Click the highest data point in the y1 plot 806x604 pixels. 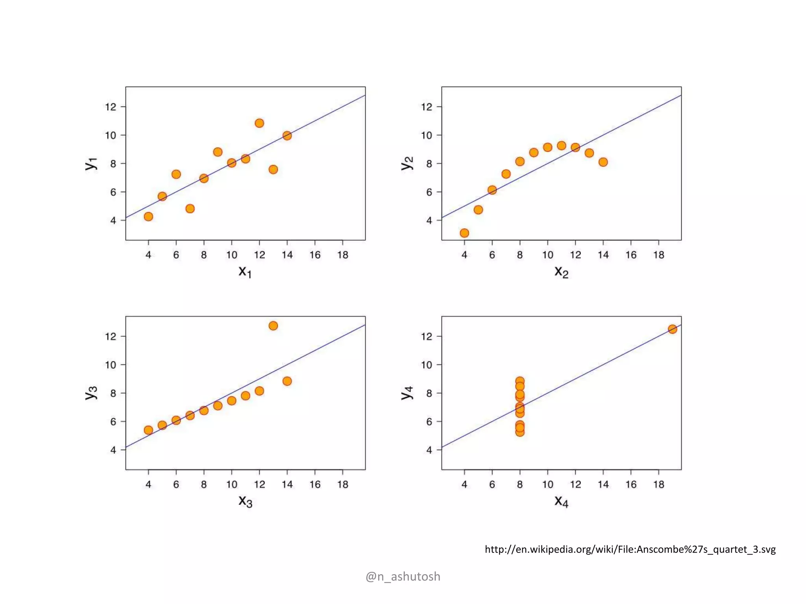[x=259, y=123]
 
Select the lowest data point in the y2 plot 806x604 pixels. [x=464, y=233]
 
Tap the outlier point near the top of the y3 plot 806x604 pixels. [x=273, y=326]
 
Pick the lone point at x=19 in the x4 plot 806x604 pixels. [x=673, y=329]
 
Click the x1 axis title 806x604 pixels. [x=245, y=271]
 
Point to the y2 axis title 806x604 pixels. [x=407, y=163]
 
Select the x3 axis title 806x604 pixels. [x=245, y=501]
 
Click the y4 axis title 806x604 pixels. [x=407, y=392]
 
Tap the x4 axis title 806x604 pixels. [x=561, y=501]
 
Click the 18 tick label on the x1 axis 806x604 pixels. [x=342, y=255]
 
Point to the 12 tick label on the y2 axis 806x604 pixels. [x=426, y=107]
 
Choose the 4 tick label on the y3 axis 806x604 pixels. [x=113, y=450]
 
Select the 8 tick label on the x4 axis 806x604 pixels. [x=520, y=484]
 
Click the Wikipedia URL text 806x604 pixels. [x=630, y=549]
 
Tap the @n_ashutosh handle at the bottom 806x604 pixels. [x=403, y=576]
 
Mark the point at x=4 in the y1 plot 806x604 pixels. [x=148, y=217]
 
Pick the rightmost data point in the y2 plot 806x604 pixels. [x=603, y=162]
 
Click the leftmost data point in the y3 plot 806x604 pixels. [x=148, y=430]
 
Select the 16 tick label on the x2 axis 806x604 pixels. [x=631, y=255]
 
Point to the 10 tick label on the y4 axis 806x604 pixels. [x=426, y=365]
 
